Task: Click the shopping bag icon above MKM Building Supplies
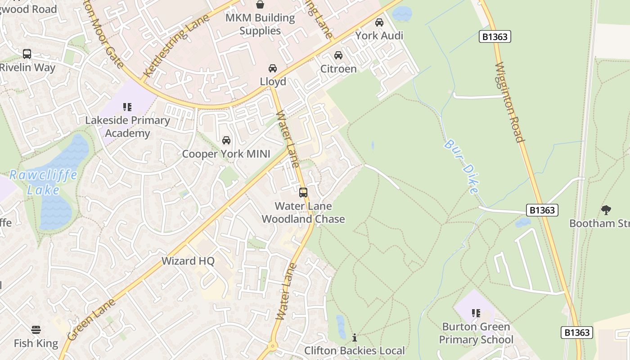(x=260, y=5)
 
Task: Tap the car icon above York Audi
(x=379, y=22)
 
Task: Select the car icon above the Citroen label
(x=338, y=55)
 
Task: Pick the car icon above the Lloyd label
(x=273, y=68)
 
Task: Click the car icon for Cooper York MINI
(x=226, y=141)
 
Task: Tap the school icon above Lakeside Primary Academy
(x=127, y=107)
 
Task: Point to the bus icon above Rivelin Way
(x=27, y=54)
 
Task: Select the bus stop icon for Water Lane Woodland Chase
(x=303, y=193)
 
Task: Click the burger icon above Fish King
(x=36, y=330)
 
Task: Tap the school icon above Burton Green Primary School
(x=476, y=313)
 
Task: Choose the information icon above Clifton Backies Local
(x=355, y=337)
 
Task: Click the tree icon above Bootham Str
(x=606, y=210)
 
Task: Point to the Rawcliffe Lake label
(x=43, y=182)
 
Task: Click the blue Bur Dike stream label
(x=461, y=166)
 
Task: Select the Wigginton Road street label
(x=510, y=103)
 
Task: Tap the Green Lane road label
(x=91, y=319)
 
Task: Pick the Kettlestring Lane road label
(x=176, y=45)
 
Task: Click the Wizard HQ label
(x=188, y=261)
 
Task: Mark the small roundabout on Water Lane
(x=272, y=347)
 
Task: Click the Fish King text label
(x=36, y=343)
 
